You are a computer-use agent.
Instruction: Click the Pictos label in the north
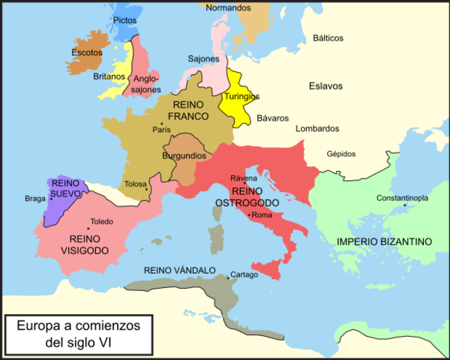(125, 21)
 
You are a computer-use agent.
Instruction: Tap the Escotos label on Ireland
(86, 52)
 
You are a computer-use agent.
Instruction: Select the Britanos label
(109, 76)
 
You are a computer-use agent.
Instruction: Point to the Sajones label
(203, 58)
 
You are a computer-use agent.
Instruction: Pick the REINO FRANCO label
(188, 112)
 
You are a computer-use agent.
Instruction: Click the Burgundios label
(184, 156)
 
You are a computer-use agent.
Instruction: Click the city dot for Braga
(51, 199)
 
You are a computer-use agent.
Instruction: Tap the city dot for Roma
(250, 216)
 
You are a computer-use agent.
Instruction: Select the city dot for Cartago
(230, 274)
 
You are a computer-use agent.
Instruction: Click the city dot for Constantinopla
(404, 205)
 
